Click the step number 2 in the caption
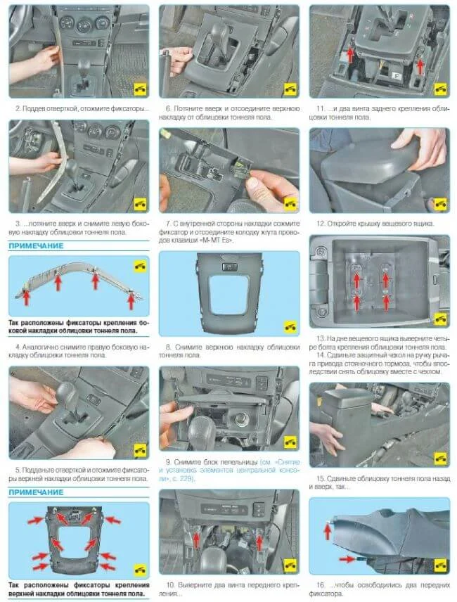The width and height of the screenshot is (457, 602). coord(18,108)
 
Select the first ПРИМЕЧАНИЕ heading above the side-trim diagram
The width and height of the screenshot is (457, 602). coord(36,245)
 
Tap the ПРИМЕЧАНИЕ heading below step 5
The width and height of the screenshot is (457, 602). coord(36,492)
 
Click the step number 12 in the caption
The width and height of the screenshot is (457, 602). coord(320,224)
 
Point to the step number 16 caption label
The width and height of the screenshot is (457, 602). coord(321,585)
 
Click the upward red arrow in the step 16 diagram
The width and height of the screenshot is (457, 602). coord(328,532)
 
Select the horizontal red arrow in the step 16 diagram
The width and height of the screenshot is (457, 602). coord(347,558)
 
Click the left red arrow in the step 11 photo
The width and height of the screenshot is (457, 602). coord(350,55)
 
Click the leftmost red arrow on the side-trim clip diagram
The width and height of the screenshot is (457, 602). coord(27,297)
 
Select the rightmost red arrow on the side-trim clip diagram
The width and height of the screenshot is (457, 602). coord(131,301)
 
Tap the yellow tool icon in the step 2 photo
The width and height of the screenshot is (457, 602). coord(140,89)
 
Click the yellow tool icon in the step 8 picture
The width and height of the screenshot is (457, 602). coord(290,327)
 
